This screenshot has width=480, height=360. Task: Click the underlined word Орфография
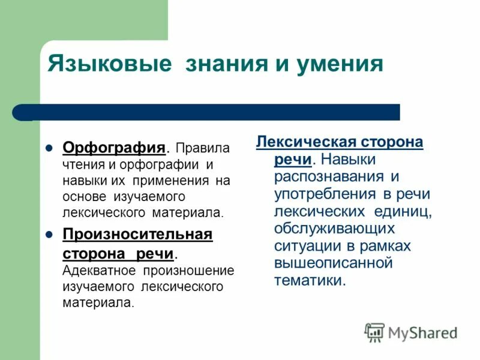[x=114, y=148]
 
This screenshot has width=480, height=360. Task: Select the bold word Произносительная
[x=137, y=233]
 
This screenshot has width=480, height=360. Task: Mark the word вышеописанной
[x=333, y=263]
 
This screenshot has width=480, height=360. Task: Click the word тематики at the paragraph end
[x=309, y=281]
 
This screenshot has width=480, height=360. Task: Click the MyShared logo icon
[x=374, y=332]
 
